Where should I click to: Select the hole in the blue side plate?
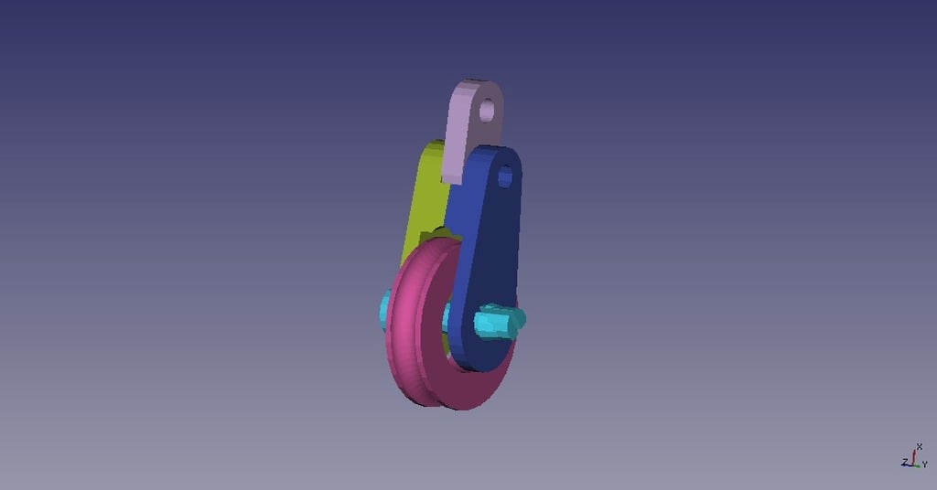505,176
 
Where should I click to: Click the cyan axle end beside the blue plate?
499,321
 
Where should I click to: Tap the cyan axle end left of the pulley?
384,307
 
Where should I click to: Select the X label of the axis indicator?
920,446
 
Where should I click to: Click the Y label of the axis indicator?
925,464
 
